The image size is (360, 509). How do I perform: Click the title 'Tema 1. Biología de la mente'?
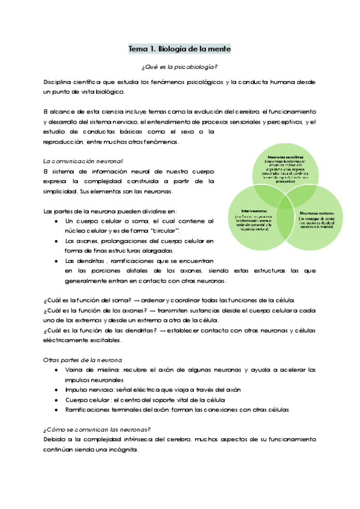(180, 49)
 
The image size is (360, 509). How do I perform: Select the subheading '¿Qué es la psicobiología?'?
(180, 67)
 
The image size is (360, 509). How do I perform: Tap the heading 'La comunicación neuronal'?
(83, 161)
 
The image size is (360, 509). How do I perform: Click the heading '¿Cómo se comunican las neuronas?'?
(97, 429)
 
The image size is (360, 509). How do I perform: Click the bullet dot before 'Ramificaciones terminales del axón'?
(56, 409)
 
